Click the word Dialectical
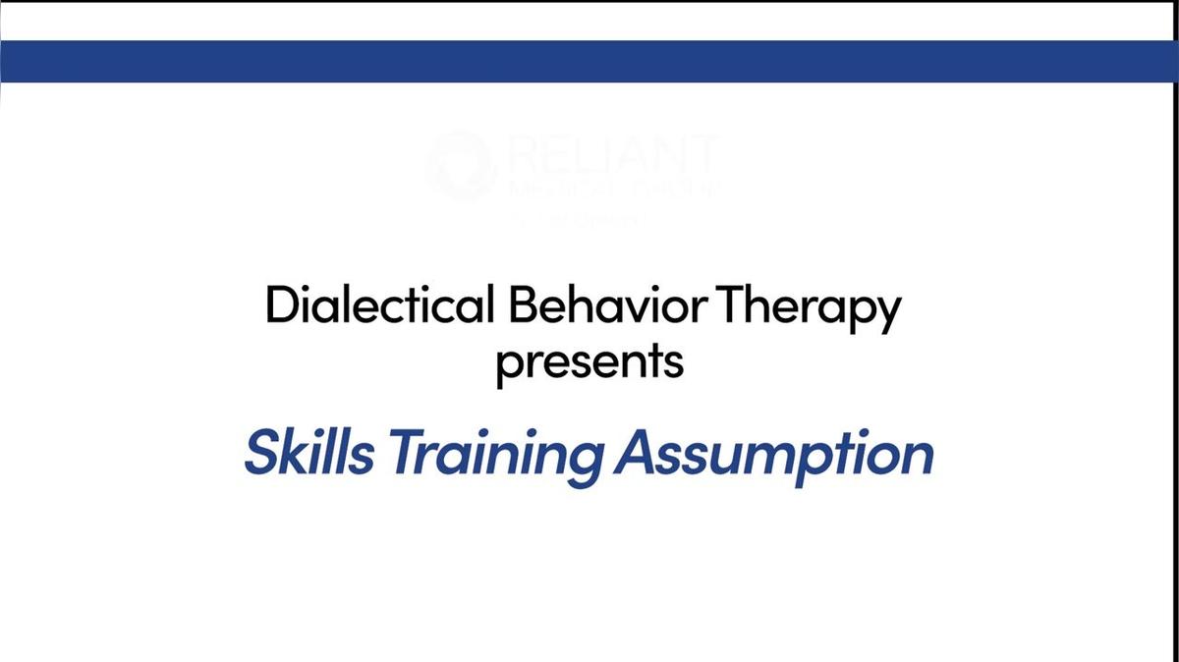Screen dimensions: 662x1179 379,306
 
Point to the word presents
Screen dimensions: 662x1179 589,361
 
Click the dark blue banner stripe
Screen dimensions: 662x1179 589,61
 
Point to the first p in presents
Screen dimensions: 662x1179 508,366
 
